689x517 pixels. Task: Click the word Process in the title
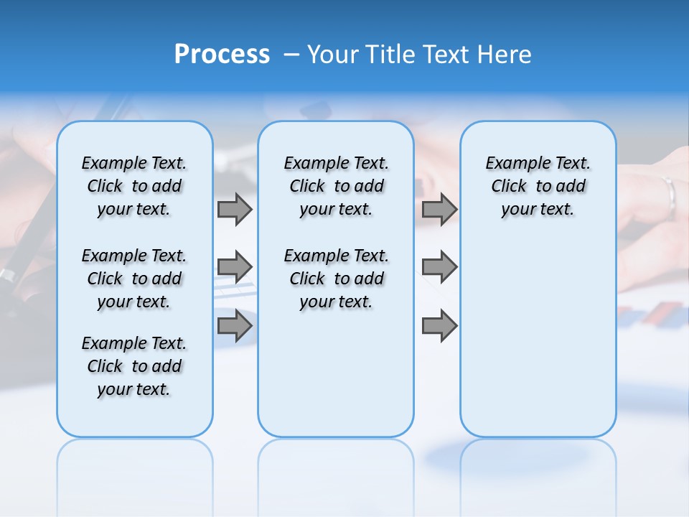(222, 55)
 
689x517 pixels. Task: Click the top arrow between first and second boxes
(235, 210)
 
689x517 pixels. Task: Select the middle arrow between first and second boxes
(235, 267)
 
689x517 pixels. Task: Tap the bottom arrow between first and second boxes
(235, 326)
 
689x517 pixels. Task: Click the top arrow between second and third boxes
(439, 210)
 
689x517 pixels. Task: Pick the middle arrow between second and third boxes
(439, 267)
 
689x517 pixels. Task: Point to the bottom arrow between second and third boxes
(439, 326)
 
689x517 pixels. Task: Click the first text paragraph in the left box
(134, 186)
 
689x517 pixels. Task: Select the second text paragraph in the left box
(134, 279)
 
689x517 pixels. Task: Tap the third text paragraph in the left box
(134, 366)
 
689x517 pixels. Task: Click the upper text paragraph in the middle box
(336, 186)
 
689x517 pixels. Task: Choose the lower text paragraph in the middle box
(336, 279)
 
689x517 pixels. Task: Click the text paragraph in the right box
(538, 186)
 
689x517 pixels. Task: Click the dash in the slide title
(291, 55)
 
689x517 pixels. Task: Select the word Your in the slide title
(331, 55)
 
